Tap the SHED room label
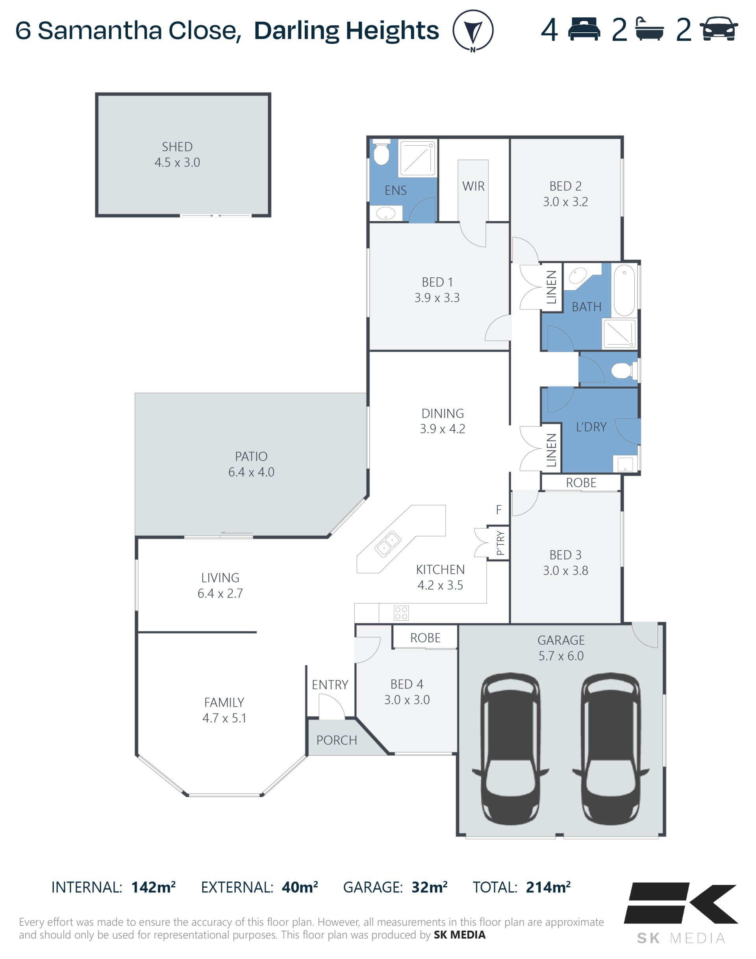(177, 147)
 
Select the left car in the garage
(510, 749)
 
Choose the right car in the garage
(611, 749)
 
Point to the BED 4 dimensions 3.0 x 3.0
(407, 699)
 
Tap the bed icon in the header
(584, 30)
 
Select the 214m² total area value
(548, 887)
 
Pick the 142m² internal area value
(153, 887)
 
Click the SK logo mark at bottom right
(681, 903)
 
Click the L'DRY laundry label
(591, 427)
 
